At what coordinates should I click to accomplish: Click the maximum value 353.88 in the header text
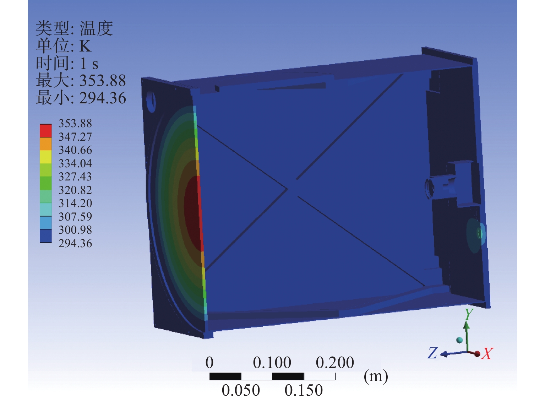coord(103,81)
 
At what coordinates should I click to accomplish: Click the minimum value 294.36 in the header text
coord(103,98)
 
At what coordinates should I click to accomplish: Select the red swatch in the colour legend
coord(46,131)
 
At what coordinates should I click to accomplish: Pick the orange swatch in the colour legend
coord(46,144)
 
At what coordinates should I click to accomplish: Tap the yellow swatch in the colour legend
coord(46,157)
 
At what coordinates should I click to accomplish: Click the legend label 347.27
coord(75,137)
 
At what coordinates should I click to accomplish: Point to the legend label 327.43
coord(75,177)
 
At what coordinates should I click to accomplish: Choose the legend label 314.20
coord(75,203)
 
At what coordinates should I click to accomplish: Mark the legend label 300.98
coord(75,230)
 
